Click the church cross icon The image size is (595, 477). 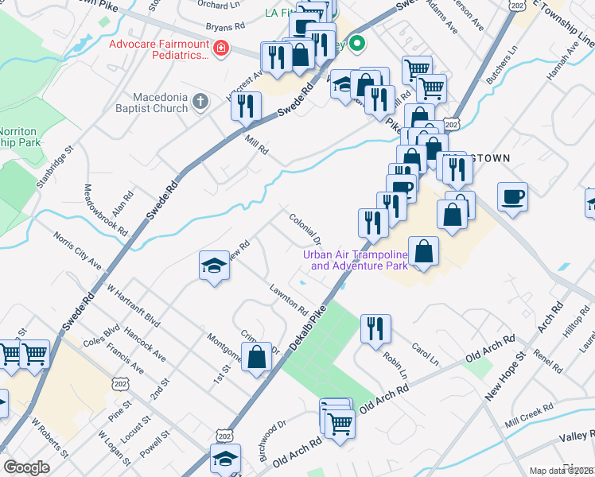coord(200,102)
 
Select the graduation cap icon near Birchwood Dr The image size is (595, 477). coord(225,459)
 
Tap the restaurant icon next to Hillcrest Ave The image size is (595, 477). coord(247,105)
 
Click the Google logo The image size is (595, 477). coord(26,467)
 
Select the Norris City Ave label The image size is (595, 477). coord(78,250)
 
